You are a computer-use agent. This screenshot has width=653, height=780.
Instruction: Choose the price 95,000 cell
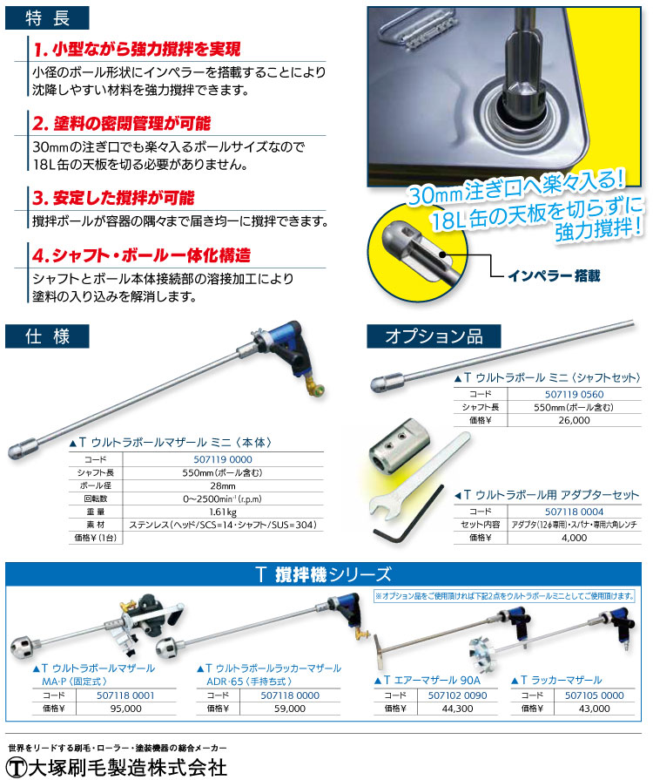126,709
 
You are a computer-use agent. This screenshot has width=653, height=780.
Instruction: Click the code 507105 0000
595,695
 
